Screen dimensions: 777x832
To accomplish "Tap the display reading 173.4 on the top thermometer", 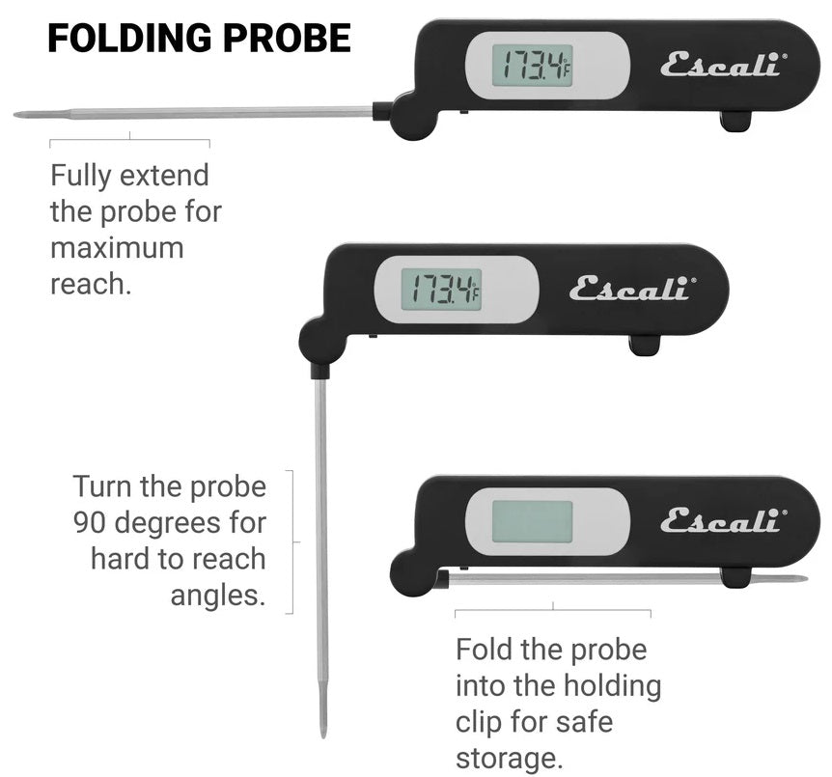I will click(532, 65).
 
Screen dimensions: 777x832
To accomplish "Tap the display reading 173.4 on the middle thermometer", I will click(442, 289).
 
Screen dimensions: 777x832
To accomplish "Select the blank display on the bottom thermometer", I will click(532, 521).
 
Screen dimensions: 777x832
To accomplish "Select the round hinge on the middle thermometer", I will click(320, 341).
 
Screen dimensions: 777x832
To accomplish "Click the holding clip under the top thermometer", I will click(736, 122).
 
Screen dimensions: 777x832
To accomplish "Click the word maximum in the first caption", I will click(117, 247).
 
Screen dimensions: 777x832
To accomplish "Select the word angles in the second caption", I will click(217, 595).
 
